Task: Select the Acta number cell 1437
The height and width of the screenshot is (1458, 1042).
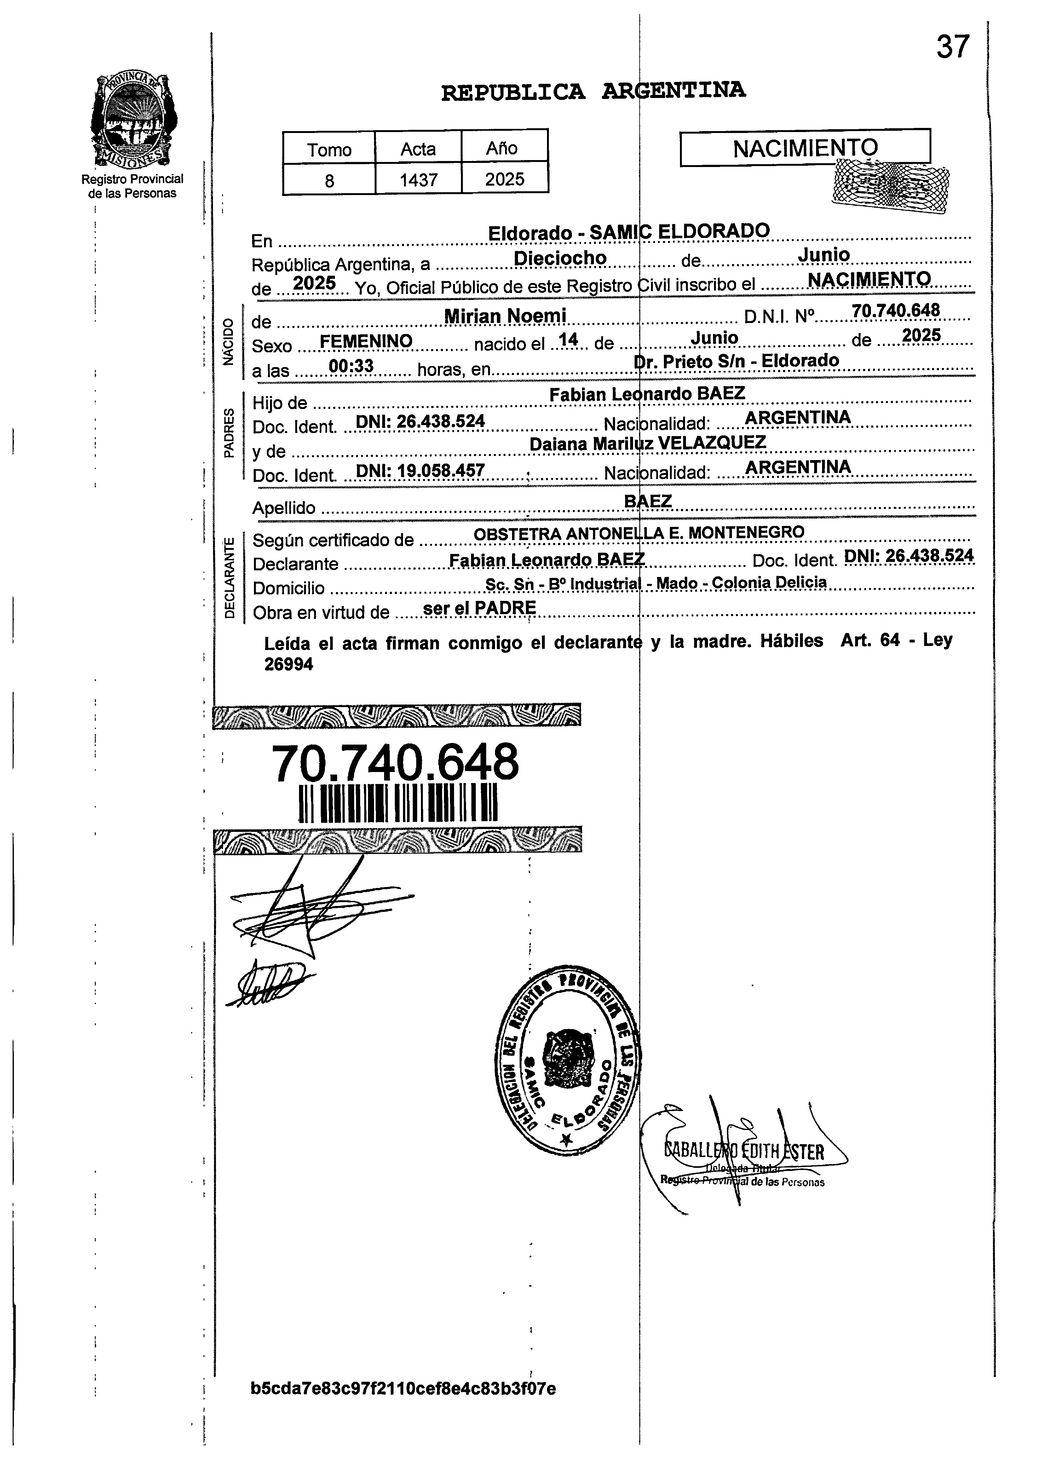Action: point(418,180)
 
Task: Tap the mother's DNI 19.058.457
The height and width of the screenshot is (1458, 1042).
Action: point(420,471)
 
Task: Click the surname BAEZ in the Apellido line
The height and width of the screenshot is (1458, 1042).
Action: point(648,500)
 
